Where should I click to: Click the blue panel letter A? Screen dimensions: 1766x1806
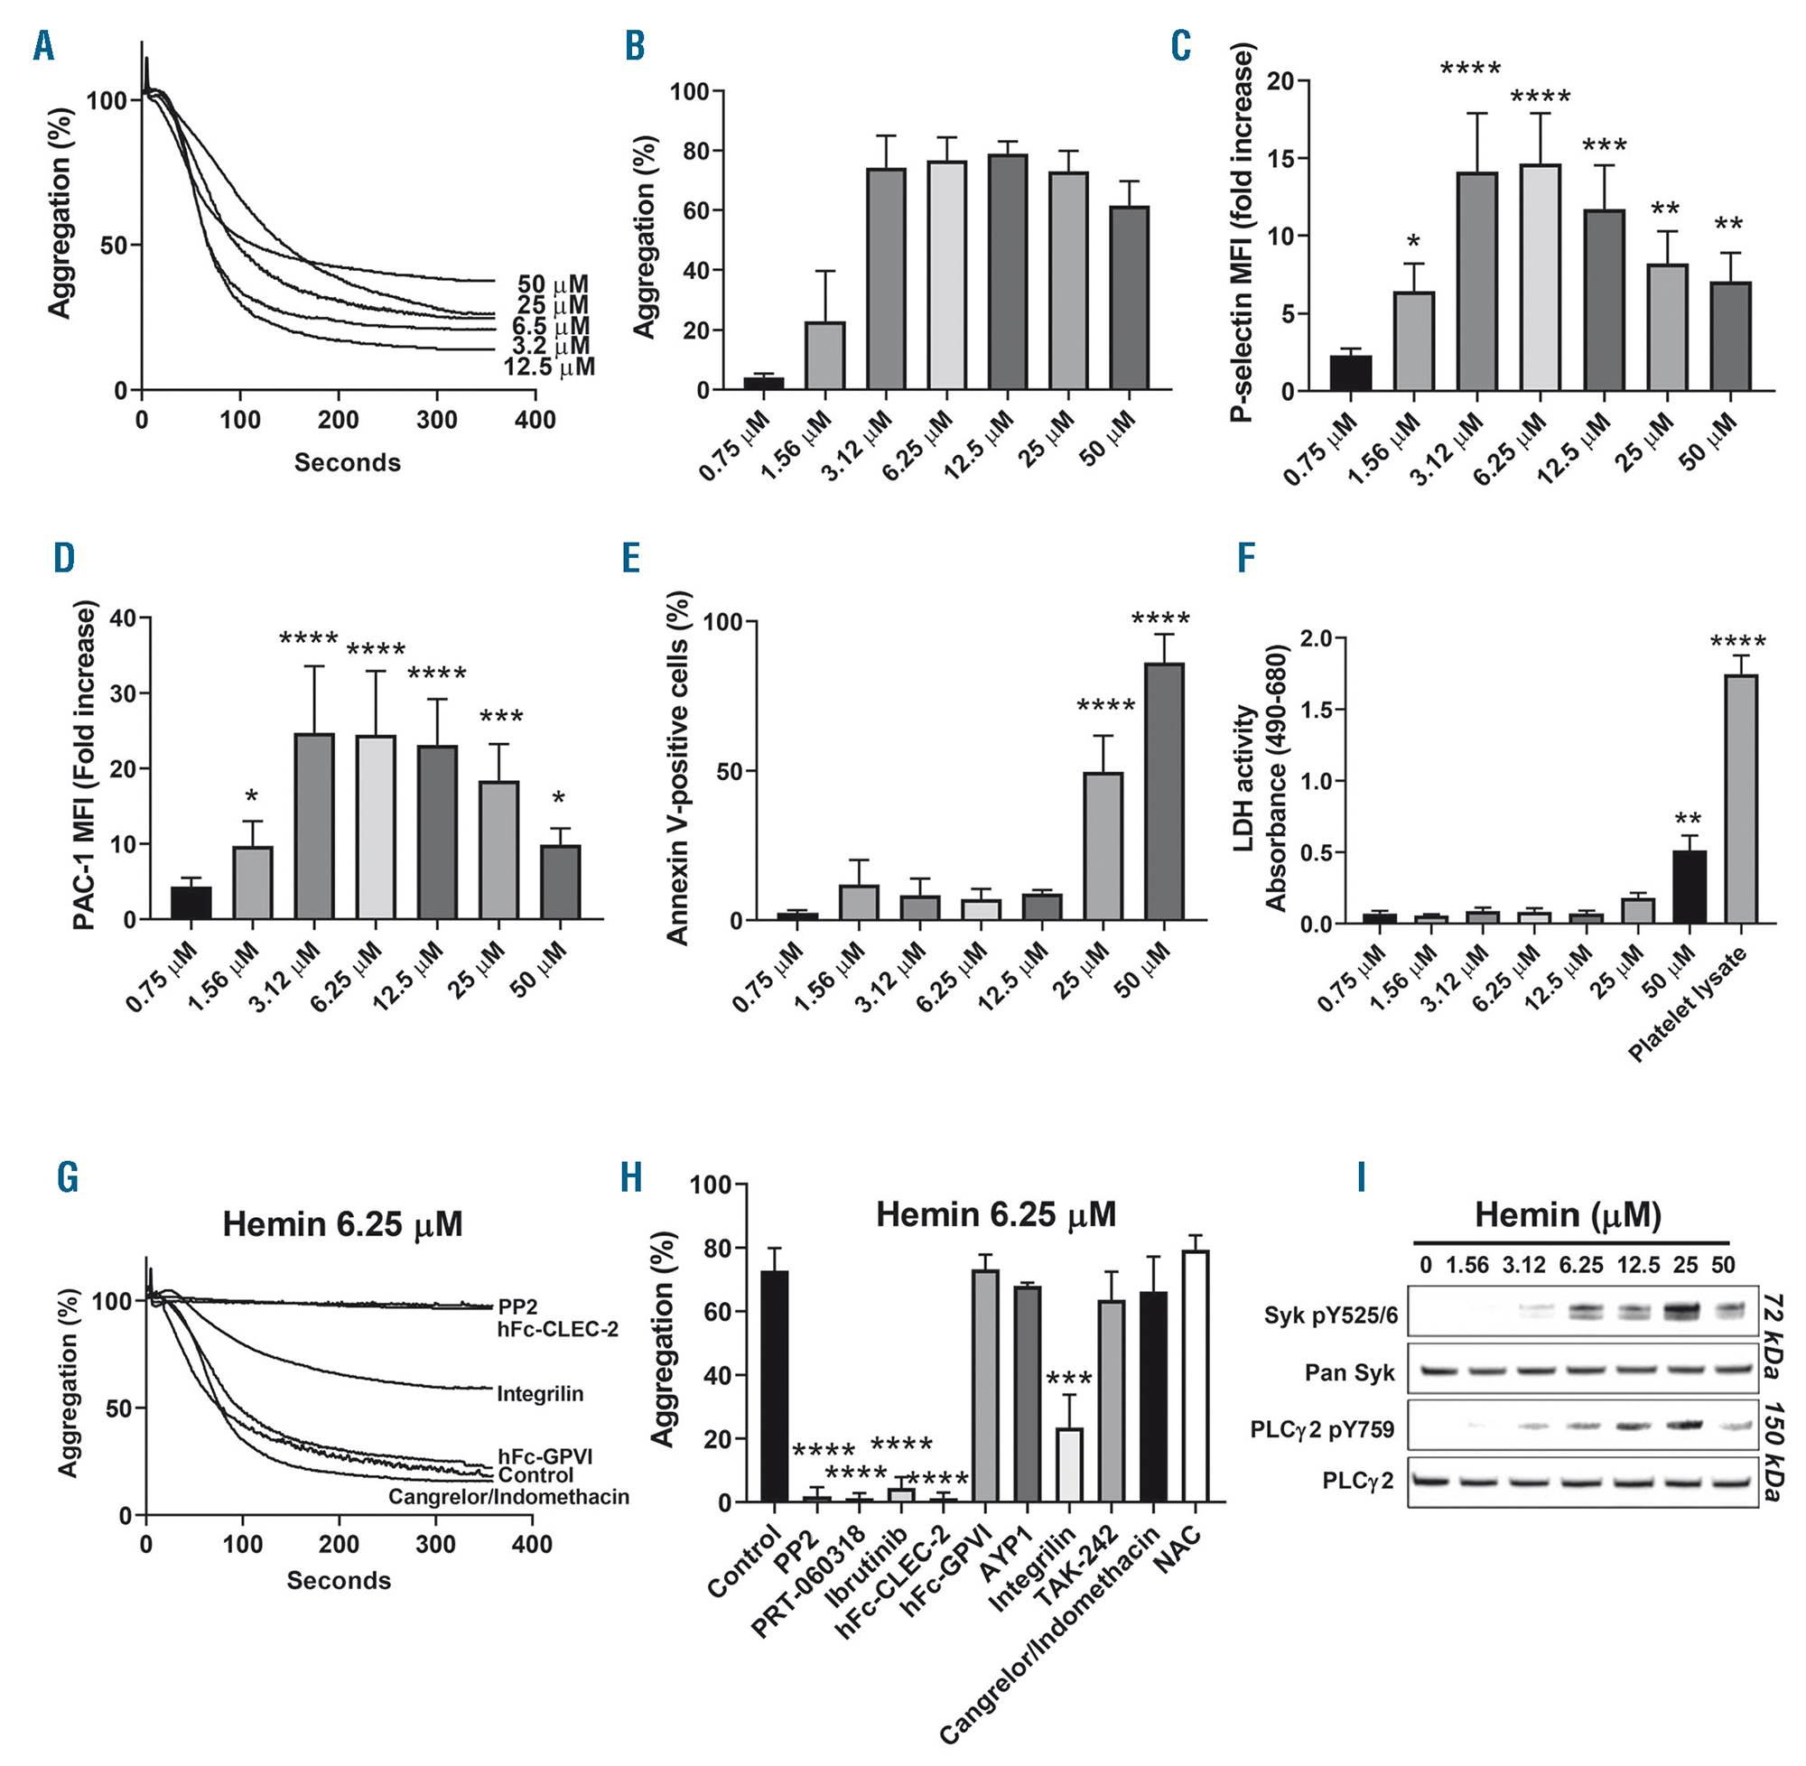click(43, 45)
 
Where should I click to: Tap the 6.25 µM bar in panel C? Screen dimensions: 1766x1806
click(1541, 277)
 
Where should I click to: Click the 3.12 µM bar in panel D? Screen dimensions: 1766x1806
click(314, 825)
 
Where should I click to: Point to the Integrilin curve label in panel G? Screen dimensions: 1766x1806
click(540, 1394)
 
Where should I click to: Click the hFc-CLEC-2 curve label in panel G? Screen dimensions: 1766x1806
click(557, 1329)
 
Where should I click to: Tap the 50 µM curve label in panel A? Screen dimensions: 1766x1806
click(553, 283)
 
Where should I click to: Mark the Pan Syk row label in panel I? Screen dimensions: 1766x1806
click(1350, 1372)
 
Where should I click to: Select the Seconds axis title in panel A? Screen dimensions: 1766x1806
click(347, 462)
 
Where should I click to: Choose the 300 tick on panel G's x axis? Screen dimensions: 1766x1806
click(435, 1544)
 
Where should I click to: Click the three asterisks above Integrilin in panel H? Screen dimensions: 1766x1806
click(1068, 1380)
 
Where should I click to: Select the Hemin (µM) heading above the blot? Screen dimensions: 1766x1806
click(1568, 1215)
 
